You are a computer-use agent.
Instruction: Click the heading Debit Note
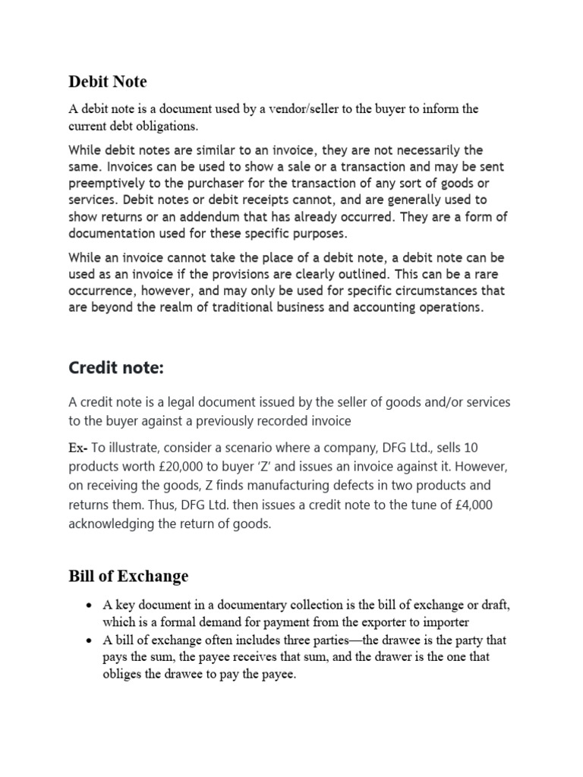click(x=108, y=81)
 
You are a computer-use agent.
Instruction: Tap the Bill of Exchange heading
click(x=128, y=576)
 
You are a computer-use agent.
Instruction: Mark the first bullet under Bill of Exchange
click(x=90, y=604)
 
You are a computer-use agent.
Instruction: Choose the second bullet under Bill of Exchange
click(x=90, y=640)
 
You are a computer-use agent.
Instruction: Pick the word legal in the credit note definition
click(x=182, y=401)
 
